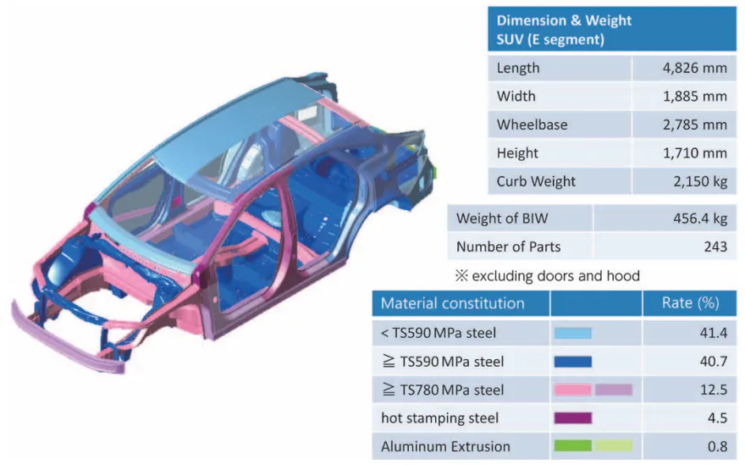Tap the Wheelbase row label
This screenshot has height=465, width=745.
pyautogui.click(x=532, y=125)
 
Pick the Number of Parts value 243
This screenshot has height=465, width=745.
pyautogui.click(x=715, y=247)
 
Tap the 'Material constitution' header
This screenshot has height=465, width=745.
pyautogui.click(x=453, y=303)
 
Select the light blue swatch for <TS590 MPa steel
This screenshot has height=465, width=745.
pyautogui.click(x=572, y=333)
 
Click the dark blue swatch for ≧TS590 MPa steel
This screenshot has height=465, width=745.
pyautogui.click(x=572, y=362)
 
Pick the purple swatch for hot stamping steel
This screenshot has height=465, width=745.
pyautogui.click(x=572, y=418)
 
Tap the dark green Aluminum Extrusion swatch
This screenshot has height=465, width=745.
pyautogui.click(x=572, y=446)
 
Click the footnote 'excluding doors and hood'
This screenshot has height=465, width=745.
pyautogui.click(x=555, y=275)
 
